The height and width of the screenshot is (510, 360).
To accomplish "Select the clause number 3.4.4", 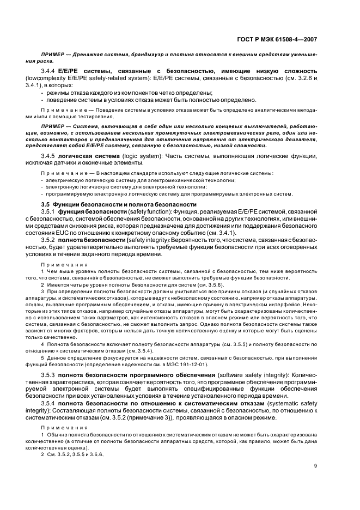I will point(50,71).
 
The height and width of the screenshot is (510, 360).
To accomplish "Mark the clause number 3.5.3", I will point(50,376).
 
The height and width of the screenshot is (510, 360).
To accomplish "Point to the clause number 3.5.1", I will point(50,211).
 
